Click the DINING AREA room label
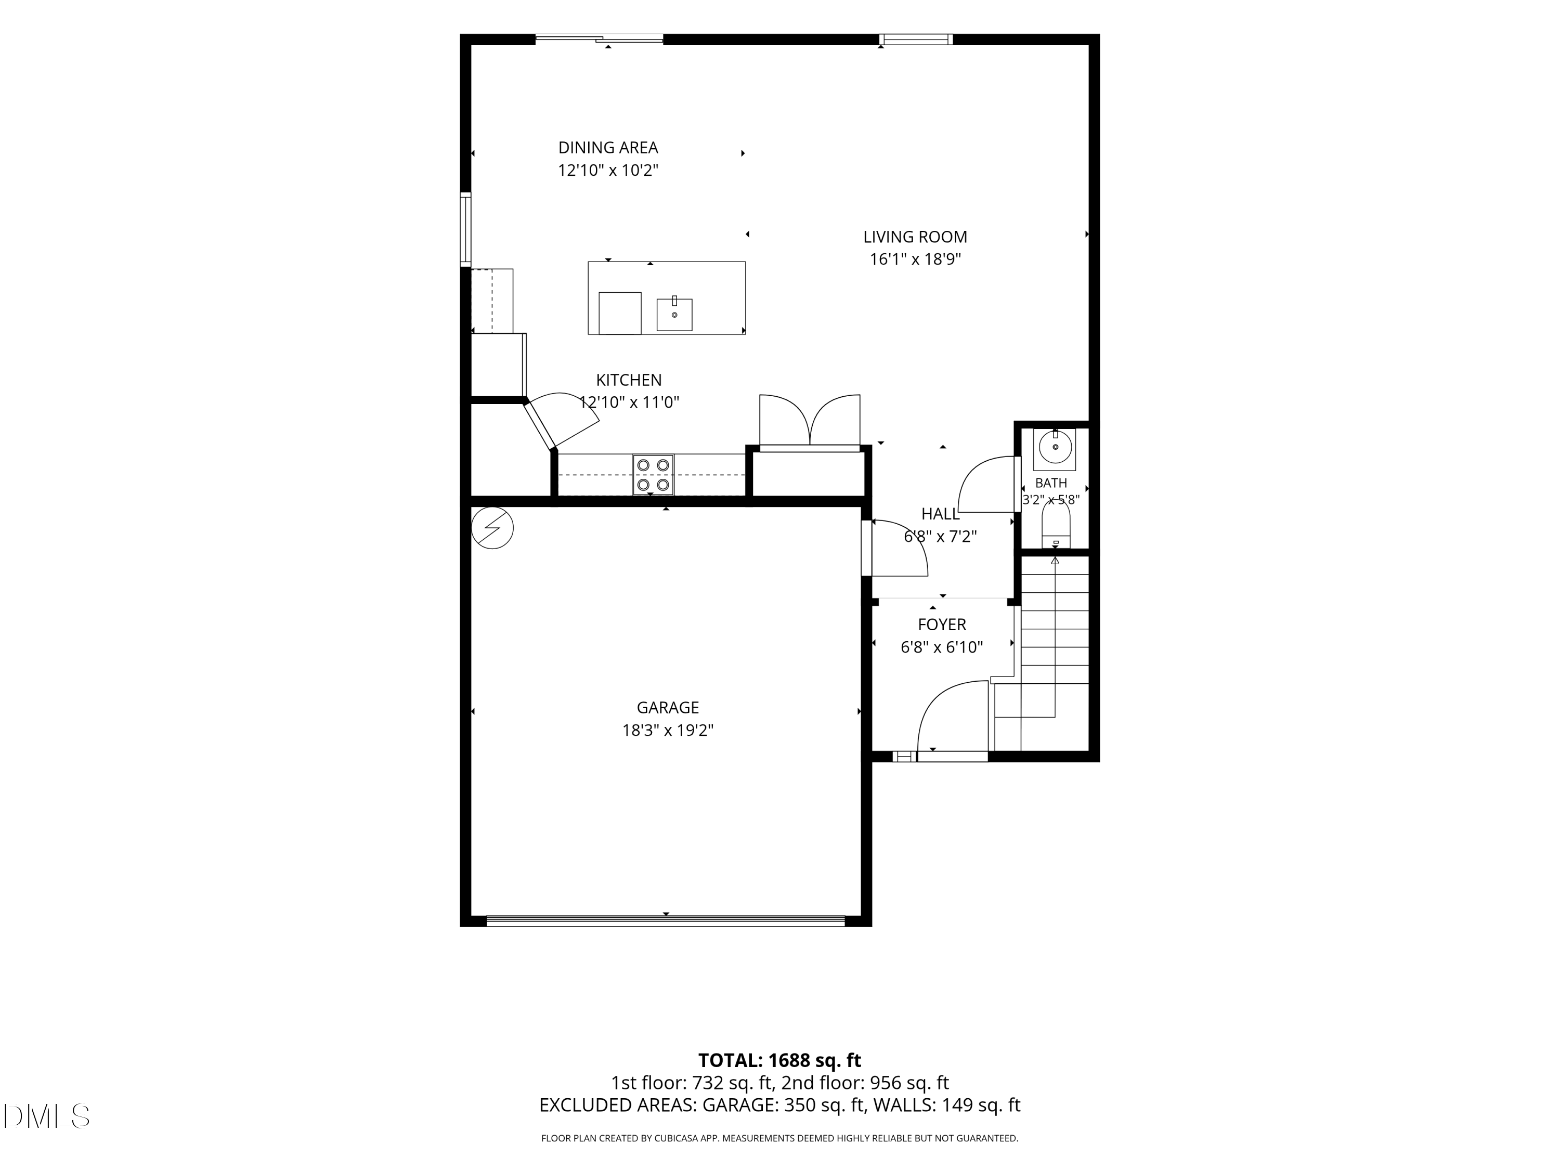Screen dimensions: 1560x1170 608,147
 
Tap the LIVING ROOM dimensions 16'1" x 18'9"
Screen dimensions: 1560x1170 915,259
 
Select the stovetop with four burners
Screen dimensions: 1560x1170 653,475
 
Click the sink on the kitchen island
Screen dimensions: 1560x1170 674,315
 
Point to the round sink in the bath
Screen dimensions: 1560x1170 1055,447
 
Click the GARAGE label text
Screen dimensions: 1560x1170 668,707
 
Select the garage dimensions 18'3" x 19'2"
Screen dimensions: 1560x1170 668,730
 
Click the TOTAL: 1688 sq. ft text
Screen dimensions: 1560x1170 779,1060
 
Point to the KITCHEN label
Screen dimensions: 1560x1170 629,380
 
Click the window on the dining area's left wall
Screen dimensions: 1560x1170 465,230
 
